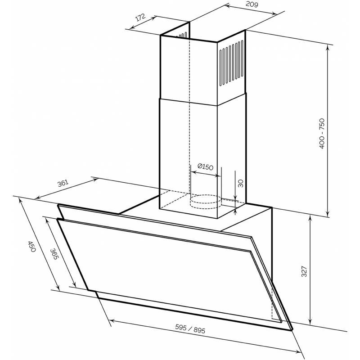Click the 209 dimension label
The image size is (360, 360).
[252, 4]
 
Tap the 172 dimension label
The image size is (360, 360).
[140, 18]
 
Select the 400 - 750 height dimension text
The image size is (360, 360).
[322, 134]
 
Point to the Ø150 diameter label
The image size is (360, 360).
[205, 166]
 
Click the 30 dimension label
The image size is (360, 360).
[240, 183]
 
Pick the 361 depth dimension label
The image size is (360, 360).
[63, 183]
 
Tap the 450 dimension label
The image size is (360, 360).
[31, 247]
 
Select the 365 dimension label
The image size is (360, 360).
[54, 253]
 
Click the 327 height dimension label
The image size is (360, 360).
[304, 271]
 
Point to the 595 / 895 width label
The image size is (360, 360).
[190, 328]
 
